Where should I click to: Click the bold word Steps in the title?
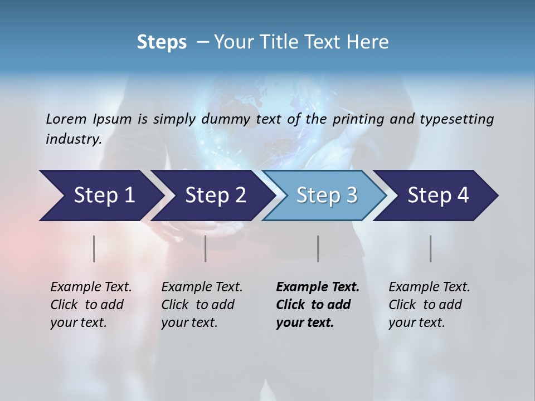162,42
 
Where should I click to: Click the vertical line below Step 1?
94,248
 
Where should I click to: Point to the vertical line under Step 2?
206,248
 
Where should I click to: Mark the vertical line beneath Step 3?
318,248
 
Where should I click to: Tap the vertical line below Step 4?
431,248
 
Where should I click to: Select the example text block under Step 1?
91,304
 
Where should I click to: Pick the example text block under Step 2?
202,304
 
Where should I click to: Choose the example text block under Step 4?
429,304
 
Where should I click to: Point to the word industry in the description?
73,139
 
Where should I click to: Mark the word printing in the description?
359,119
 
